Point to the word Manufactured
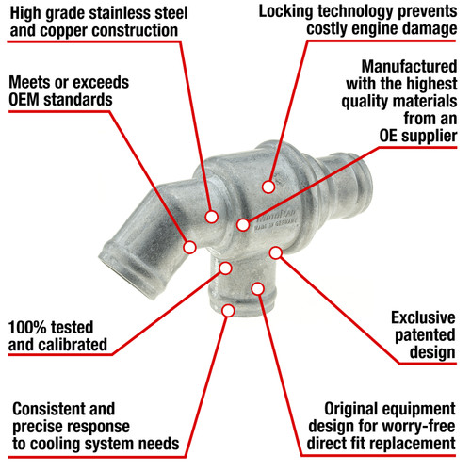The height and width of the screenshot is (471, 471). pyautogui.click(x=409, y=67)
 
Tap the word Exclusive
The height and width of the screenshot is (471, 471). pyautogui.click(x=423, y=317)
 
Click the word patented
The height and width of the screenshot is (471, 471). pyautogui.click(x=425, y=335)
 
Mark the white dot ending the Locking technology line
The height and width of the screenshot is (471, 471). pyautogui.click(x=268, y=187)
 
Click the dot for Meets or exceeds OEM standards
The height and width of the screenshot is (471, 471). pyautogui.click(x=189, y=247)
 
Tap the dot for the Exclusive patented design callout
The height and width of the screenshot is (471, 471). pyautogui.click(x=276, y=252)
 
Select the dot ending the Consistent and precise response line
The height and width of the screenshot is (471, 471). pyautogui.click(x=228, y=311)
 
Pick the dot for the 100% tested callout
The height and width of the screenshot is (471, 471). pyautogui.click(x=225, y=268)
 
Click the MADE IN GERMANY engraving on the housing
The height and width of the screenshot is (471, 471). pyautogui.click(x=275, y=225)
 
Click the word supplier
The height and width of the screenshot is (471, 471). pyautogui.click(x=433, y=136)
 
